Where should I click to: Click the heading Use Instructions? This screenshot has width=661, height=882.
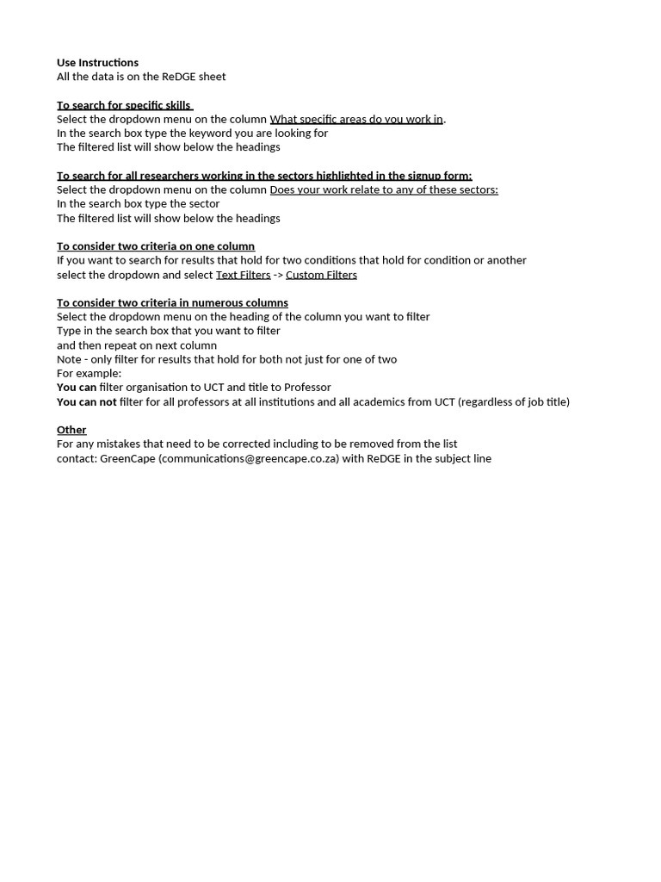coord(97,63)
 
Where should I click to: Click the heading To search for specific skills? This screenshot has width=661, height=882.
coord(124,105)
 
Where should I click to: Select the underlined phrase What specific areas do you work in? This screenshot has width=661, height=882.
coord(356,119)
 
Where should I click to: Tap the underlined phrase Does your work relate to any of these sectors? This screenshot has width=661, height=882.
coord(384,189)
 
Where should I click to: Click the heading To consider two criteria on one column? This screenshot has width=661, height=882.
coord(156,246)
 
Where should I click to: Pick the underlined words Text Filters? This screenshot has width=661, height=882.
coord(243,275)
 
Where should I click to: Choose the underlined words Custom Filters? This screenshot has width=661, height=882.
coord(321,275)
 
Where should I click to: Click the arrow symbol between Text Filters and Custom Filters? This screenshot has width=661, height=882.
coord(278,275)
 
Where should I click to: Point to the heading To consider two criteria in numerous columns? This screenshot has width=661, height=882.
coord(172,303)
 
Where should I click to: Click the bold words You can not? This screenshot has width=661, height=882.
coord(87,401)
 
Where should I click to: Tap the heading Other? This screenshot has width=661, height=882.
coord(71,430)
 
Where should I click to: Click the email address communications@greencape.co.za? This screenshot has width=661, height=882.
coord(249,458)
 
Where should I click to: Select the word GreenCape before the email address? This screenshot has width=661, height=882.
coord(127,458)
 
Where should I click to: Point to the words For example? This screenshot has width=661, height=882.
coord(90,373)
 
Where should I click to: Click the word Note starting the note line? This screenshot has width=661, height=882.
coord(69,359)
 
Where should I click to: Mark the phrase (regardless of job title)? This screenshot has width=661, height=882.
coord(514,401)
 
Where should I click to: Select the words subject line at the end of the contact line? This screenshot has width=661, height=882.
coord(466,458)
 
